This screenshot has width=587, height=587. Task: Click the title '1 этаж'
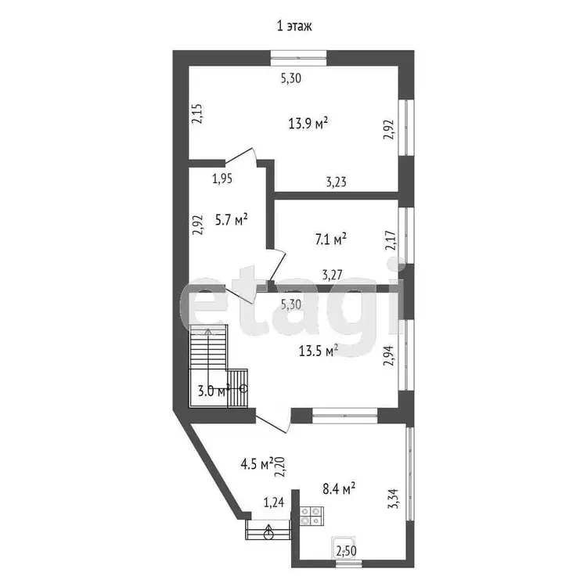294,26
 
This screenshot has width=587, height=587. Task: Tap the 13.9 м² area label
308,123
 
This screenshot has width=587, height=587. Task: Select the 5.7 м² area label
231,220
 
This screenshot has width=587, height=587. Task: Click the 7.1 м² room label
330,239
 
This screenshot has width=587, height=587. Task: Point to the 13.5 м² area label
319,351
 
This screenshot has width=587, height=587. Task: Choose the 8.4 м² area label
339,488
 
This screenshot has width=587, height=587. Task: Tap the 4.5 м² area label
257,465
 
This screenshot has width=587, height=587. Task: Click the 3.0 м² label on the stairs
214,391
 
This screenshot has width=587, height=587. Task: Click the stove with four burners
312,516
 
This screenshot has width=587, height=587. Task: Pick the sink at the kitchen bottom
343,548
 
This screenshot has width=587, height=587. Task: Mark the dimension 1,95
222,179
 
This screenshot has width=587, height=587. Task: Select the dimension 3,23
337,182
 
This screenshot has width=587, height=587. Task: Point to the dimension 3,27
332,275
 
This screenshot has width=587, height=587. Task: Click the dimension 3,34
394,499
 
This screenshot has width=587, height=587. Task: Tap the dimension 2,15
197,113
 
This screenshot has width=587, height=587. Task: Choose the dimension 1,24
274,502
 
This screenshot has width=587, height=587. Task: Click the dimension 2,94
389,355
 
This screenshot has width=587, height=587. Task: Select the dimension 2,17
390,241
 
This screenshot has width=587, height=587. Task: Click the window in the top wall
298,58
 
